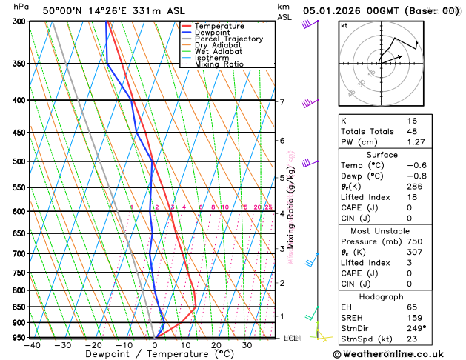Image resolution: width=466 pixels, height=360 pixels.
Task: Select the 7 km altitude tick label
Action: [x=282, y=101]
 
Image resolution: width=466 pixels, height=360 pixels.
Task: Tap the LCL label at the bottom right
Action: [x=291, y=339]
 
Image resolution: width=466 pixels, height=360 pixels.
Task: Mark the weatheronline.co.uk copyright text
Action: [x=398, y=353]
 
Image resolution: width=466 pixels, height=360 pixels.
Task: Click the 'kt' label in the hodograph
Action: [x=344, y=25]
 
